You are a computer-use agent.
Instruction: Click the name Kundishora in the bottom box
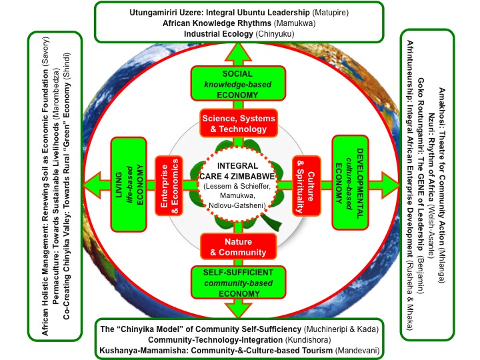[x=315, y=339]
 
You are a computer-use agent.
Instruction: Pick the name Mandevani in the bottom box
[x=354, y=350]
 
